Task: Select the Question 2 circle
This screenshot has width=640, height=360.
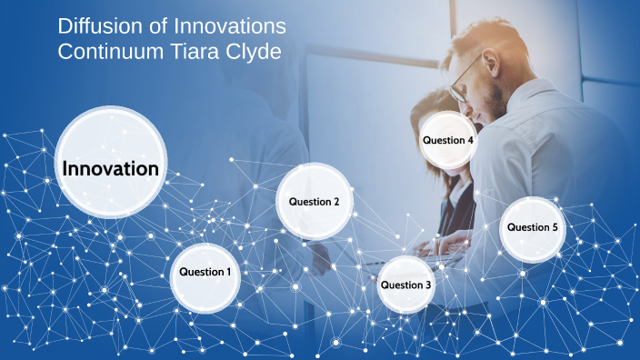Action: (314, 202)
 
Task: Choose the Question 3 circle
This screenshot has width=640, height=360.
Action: (406, 285)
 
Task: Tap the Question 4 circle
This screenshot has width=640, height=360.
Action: (448, 141)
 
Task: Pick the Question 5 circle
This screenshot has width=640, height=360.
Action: (533, 227)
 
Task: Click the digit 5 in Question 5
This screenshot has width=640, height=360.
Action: (555, 227)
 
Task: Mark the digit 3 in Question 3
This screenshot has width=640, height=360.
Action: (429, 285)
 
